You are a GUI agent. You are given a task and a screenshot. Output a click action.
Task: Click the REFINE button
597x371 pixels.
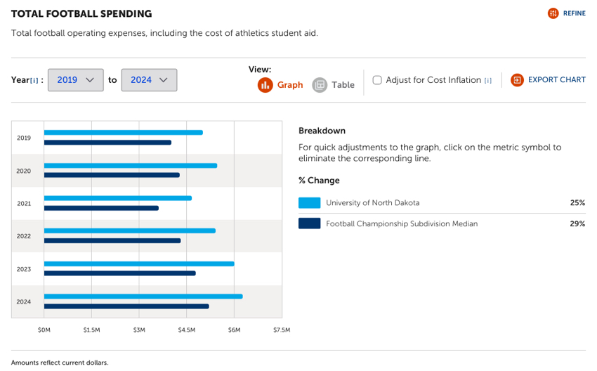point(566,13)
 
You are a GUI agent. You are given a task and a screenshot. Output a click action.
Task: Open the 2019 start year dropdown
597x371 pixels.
point(76,80)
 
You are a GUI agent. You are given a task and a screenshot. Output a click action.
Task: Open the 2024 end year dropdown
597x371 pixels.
point(149,80)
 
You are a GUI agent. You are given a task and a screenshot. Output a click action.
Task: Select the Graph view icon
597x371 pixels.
point(265,85)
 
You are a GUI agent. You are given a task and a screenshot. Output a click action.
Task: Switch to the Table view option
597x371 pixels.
point(334,85)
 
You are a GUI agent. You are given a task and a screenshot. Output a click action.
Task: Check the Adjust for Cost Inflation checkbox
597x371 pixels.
point(377,80)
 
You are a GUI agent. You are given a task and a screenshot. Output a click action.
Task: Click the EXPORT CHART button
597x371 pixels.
point(548,80)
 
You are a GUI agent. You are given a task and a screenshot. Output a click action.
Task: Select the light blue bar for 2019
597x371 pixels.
point(123,132)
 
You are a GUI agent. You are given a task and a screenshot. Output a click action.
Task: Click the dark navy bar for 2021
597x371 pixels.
point(101,208)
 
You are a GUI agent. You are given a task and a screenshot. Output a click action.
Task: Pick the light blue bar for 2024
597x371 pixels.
point(143,297)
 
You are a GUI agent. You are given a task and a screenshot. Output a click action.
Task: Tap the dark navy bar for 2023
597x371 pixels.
point(119,273)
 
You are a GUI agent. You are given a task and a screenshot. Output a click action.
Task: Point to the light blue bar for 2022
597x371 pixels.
point(129,230)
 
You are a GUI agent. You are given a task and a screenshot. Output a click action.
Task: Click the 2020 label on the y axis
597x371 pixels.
point(24,171)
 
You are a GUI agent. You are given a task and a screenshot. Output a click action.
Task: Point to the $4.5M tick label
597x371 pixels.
point(186,330)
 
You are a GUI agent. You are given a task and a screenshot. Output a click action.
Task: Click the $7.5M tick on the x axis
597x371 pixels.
point(281,330)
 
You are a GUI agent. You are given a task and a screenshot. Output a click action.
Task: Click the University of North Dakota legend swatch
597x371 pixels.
point(309,203)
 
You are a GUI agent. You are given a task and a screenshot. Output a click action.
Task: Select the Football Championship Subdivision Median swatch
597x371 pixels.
point(309,223)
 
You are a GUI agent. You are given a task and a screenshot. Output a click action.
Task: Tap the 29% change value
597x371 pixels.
point(577,223)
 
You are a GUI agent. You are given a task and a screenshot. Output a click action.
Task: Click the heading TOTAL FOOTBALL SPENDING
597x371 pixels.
point(81,14)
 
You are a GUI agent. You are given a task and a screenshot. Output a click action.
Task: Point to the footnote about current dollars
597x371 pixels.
point(60,363)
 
